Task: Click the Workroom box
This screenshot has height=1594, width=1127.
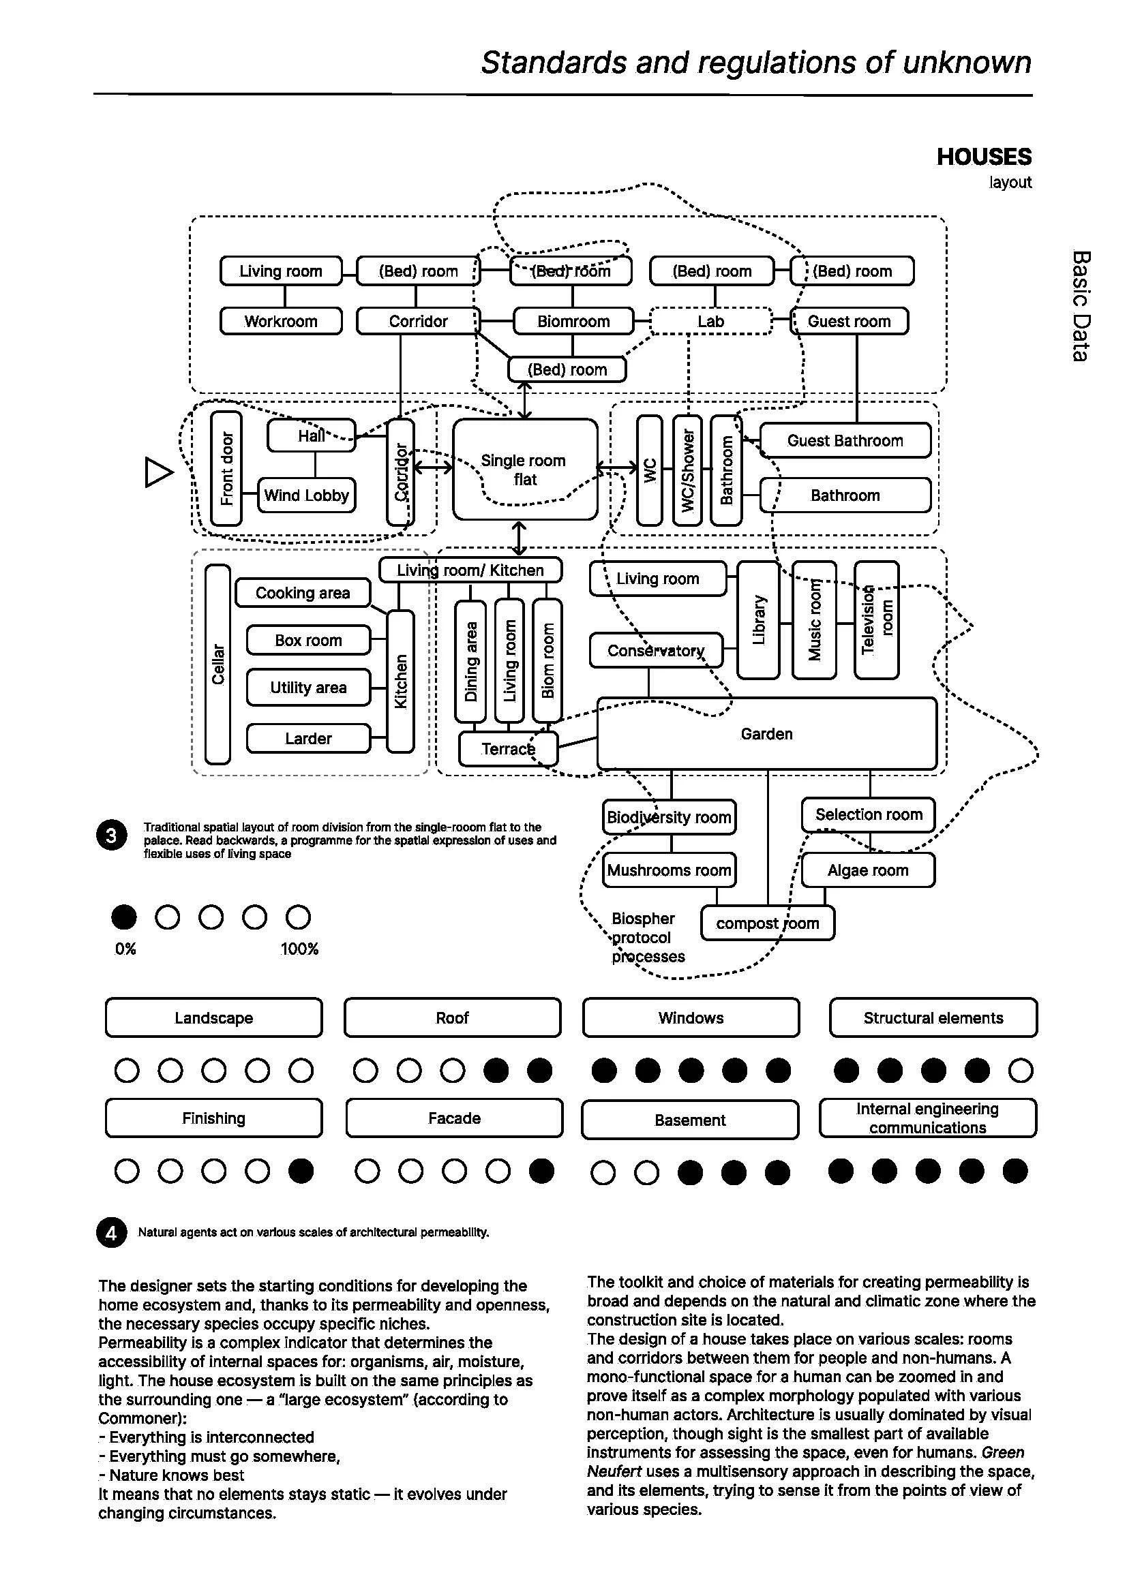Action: coord(280,322)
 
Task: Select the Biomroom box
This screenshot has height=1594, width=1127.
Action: coord(573,322)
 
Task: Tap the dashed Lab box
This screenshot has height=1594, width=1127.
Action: coord(710,322)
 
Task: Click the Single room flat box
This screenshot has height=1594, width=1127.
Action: coord(525,470)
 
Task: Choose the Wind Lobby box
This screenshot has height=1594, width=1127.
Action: coord(306,495)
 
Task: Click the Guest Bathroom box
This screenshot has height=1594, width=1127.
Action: coord(845,441)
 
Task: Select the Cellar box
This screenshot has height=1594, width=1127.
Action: coord(218,664)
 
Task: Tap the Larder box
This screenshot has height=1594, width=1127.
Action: coord(308,739)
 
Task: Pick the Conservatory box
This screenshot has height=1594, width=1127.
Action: coord(655,651)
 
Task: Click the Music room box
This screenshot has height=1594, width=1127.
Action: coord(814,621)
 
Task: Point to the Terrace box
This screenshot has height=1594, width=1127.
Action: coord(509,749)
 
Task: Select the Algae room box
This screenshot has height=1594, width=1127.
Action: coord(868,870)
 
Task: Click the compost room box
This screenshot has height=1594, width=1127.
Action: coord(767,923)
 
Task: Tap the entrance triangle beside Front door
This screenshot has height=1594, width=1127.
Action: coord(158,472)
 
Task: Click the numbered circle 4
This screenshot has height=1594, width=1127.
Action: coord(111,1232)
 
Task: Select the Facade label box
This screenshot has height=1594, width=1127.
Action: coord(454,1118)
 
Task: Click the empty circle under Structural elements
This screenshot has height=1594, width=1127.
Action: coord(1020,1071)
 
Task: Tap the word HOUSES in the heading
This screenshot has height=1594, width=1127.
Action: coord(983,157)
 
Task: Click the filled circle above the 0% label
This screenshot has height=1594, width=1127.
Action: coord(124,917)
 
